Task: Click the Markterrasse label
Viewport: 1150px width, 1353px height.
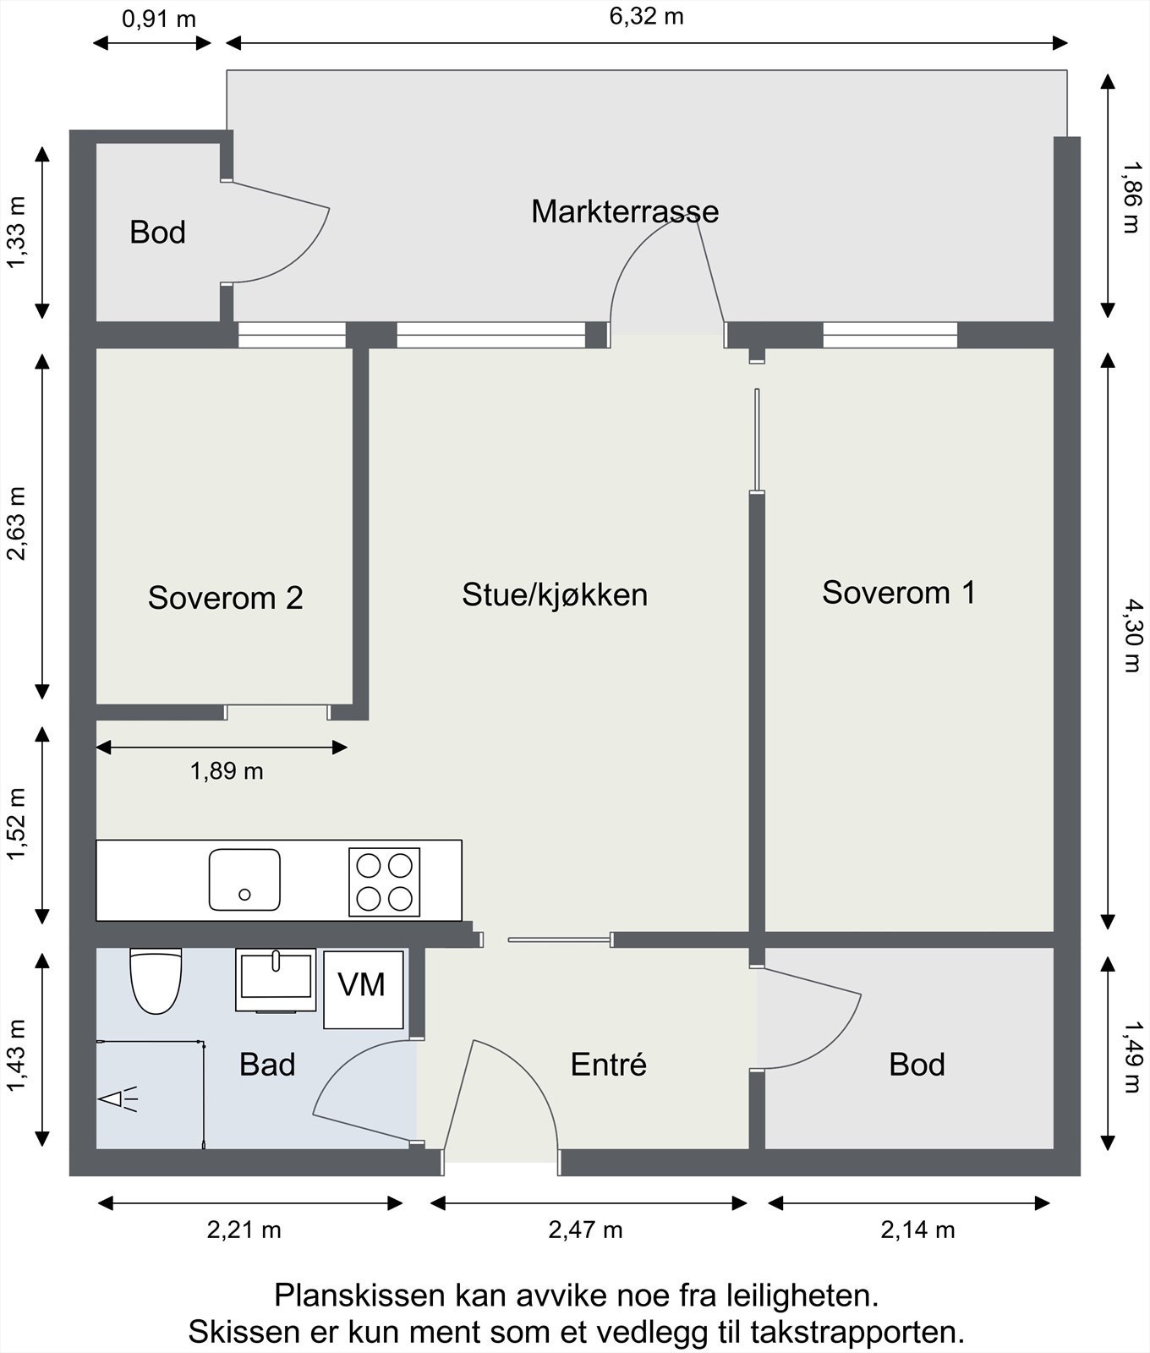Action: click(x=625, y=211)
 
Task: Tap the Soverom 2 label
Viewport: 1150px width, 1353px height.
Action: click(x=225, y=598)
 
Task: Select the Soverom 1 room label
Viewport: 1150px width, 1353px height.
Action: click(x=899, y=593)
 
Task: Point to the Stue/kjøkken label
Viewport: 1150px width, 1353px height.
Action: click(x=555, y=595)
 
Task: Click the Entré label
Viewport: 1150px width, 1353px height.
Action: click(x=609, y=1064)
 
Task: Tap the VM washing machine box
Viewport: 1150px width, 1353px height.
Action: click(x=364, y=989)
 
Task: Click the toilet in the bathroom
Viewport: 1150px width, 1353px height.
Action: click(x=156, y=981)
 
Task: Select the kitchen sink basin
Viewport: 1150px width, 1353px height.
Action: click(x=244, y=879)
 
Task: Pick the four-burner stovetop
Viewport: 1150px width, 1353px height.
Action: click(x=385, y=882)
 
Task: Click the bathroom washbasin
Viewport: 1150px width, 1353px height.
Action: click(x=276, y=979)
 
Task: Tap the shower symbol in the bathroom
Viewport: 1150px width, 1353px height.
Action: click(x=118, y=1099)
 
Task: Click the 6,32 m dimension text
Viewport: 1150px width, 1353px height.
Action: click(x=646, y=16)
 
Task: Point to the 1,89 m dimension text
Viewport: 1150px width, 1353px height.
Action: click(x=227, y=771)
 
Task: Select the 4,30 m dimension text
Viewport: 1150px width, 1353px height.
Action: click(x=1131, y=635)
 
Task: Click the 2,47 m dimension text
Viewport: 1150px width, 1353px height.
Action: click(x=585, y=1230)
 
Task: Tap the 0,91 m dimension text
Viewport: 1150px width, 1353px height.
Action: click(x=159, y=19)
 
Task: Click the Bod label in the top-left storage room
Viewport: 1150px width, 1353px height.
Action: click(x=157, y=233)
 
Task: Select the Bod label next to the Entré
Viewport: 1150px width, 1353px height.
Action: click(x=917, y=1065)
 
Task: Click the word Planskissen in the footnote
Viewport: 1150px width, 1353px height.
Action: click(x=359, y=1295)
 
